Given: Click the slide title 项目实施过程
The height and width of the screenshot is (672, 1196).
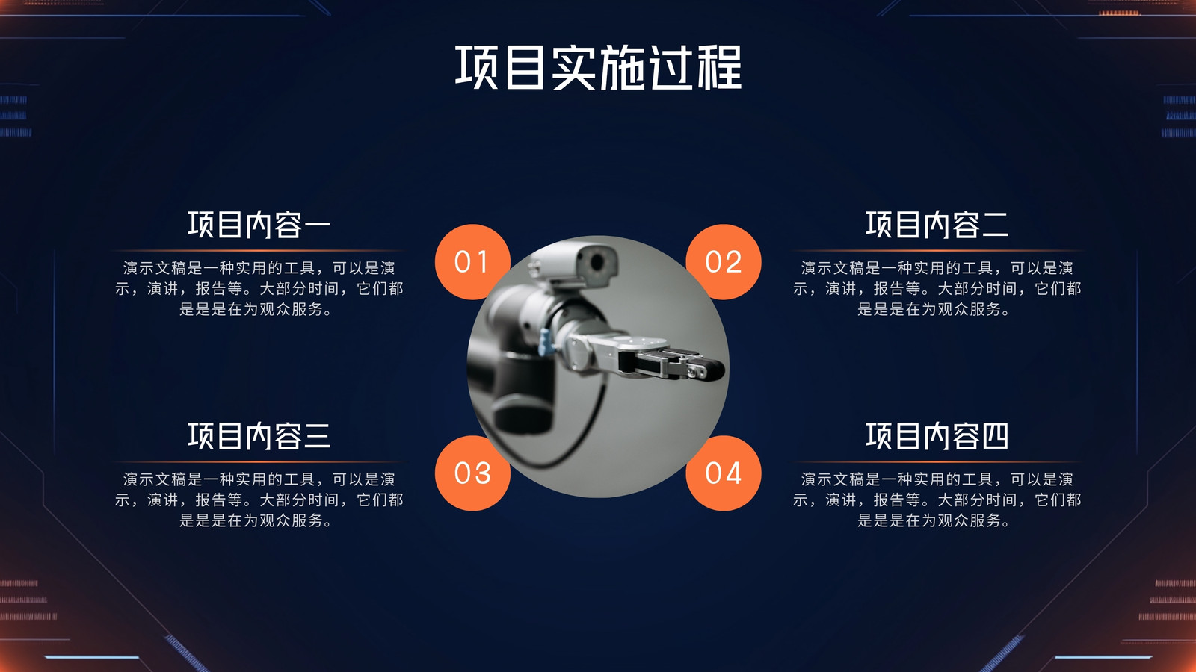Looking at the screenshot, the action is coord(598,67).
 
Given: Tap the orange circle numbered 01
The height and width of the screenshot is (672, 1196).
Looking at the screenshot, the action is coord(472,262).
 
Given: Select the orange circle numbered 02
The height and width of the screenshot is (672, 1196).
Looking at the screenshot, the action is coord(724,262).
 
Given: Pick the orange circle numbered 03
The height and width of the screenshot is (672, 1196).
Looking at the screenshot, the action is coord(472,473).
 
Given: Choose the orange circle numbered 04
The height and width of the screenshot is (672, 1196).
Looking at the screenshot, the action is coord(724,473).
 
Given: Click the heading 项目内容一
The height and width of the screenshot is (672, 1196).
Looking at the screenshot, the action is coord(259,225).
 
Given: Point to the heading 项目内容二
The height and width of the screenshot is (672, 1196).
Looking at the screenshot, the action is coord(937,225).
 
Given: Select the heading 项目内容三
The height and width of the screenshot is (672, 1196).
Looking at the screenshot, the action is coord(259,436).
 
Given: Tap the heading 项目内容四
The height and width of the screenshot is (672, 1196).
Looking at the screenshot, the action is coord(937,436).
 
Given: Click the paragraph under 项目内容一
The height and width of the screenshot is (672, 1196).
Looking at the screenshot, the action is coord(259,288).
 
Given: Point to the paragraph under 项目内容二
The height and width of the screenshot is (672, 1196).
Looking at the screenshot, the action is coord(937,288).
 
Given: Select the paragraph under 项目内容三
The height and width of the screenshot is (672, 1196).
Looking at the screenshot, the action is coord(259,500).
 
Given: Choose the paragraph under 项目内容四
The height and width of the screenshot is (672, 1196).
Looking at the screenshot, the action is coord(937,500).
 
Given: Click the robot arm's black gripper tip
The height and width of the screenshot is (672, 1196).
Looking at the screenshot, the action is coord(707,369).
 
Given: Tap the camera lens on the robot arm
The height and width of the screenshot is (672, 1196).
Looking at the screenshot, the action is coord(597,262).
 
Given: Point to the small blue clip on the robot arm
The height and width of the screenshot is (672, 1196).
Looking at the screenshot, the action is coord(546,342).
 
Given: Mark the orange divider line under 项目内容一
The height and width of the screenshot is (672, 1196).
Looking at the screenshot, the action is coord(259,250).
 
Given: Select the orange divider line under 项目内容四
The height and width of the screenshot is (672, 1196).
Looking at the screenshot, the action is coord(937,461).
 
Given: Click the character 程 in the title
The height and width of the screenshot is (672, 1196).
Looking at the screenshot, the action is coord(719,67).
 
